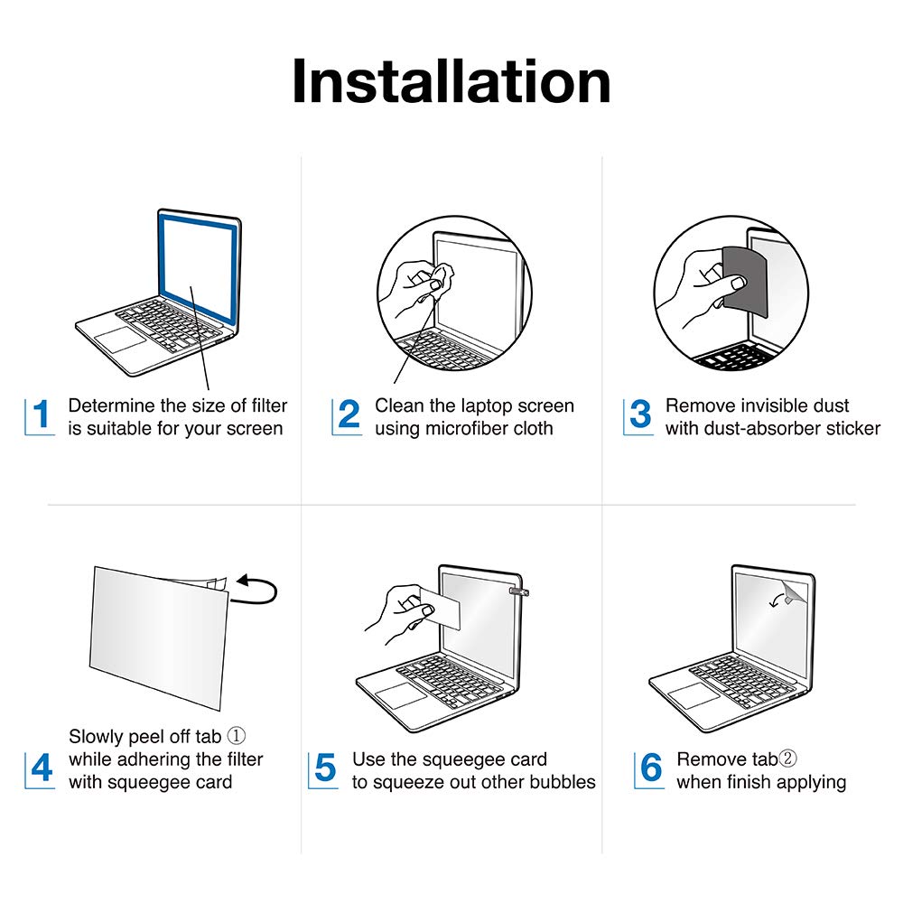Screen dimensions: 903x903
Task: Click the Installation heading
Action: pos(451,81)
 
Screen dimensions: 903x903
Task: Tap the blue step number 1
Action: pos(41,414)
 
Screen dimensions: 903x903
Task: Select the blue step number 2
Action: pos(349,414)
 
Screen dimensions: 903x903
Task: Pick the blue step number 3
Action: pos(640,414)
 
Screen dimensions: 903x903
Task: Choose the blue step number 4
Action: pos(42,768)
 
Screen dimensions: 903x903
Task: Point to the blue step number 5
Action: pos(325,768)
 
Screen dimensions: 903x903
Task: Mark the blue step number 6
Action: pos(651,768)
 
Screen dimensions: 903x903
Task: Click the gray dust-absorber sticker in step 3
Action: pos(746,281)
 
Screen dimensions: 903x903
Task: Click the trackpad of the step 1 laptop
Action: pos(120,340)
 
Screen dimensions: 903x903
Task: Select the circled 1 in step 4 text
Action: pos(236,735)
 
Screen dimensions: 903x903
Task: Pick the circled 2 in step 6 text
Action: pos(787,759)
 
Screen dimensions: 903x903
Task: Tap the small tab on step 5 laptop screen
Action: pos(519,591)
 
